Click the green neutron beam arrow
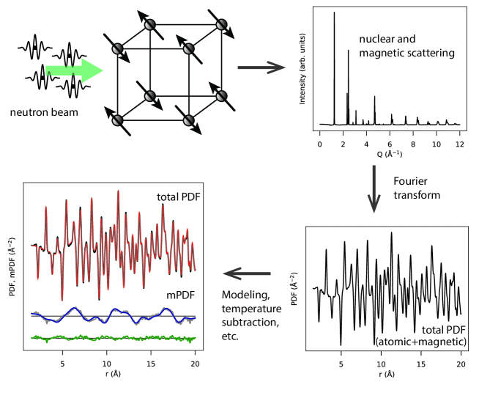(73, 71)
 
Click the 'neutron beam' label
(41, 113)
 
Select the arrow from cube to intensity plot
(261, 69)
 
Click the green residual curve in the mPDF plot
(110, 338)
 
